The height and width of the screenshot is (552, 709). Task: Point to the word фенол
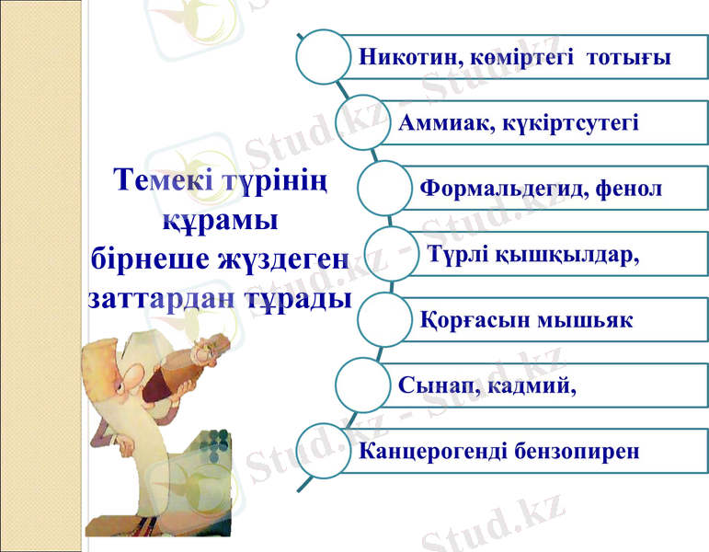(x=629, y=190)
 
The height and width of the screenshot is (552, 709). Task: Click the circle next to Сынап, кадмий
(x=365, y=385)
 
